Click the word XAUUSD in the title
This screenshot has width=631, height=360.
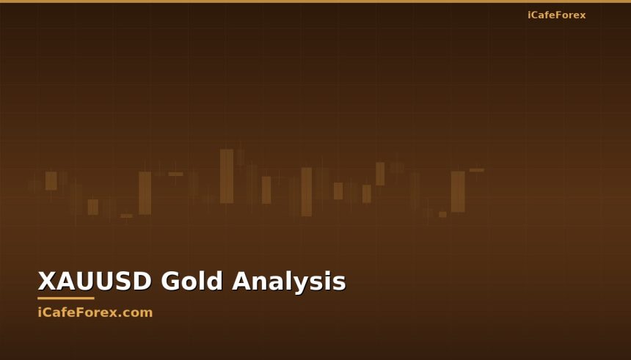(x=95, y=282)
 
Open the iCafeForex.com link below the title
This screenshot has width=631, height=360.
(x=95, y=312)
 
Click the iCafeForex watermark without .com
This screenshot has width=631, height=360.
(x=556, y=15)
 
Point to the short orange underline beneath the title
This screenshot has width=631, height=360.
(x=66, y=298)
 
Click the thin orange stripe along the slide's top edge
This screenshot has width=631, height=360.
(x=315, y=1)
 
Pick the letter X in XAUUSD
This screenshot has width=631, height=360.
(x=46, y=282)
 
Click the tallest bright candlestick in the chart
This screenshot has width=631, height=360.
(x=227, y=176)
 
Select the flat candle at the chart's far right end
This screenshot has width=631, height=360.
(x=477, y=170)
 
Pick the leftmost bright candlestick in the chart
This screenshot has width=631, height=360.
(x=51, y=180)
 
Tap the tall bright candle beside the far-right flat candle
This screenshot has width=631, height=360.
(x=458, y=191)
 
